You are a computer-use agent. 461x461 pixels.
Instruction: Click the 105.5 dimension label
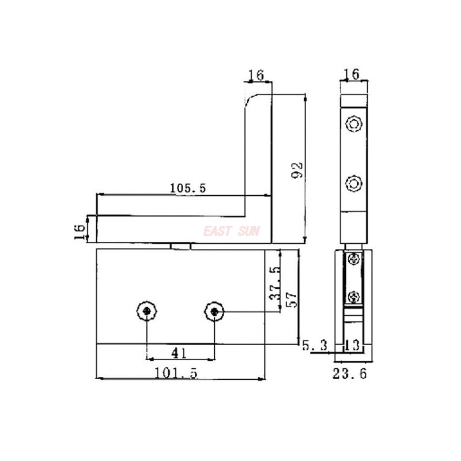pyautogui.click(x=188, y=188)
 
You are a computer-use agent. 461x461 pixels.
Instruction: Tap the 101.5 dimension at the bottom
pyautogui.click(x=176, y=373)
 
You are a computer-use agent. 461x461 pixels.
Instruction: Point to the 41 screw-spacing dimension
pyautogui.click(x=180, y=351)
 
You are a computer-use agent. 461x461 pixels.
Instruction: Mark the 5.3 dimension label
pyautogui.click(x=315, y=346)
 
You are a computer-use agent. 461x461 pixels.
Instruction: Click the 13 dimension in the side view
pyautogui.click(x=352, y=346)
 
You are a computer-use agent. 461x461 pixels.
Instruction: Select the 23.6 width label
pyautogui.click(x=349, y=374)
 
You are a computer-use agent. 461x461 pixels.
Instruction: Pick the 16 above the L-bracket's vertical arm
pyautogui.click(x=255, y=75)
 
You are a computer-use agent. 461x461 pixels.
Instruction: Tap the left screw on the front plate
pyautogui.click(x=148, y=312)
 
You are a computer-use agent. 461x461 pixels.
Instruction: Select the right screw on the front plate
pyautogui.click(x=214, y=312)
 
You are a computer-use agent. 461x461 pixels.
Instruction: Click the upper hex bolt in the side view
pyautogui.click(x=353, y=124)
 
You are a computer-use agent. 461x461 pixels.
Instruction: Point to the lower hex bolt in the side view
pyautogui.click(x=353, y=184)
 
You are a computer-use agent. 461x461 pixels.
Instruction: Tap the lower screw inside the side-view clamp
pyautogui.click(x=354, y=297)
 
